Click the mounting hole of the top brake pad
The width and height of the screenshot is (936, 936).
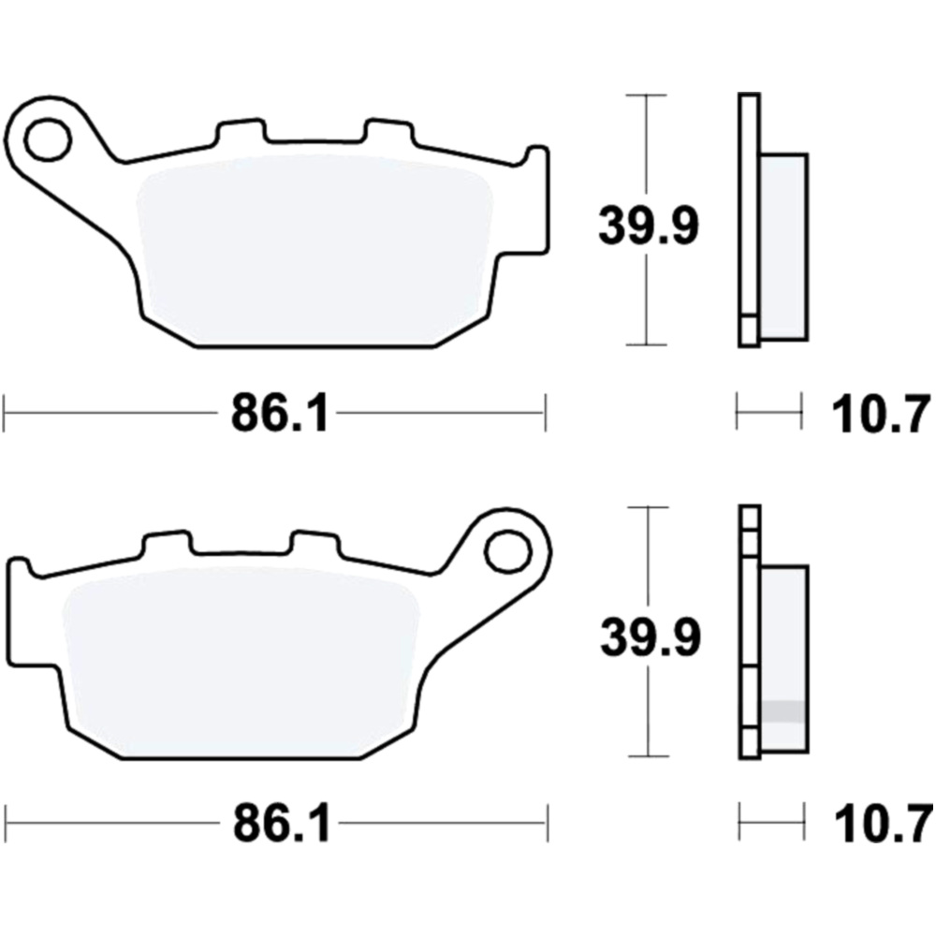point(48,140)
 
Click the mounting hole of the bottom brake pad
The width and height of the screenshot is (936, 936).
point(506,551)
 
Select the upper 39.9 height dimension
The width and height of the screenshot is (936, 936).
point(648,227)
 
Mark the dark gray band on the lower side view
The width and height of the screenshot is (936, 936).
point(783,711)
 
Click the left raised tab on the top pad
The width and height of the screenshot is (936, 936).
point(236,132)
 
